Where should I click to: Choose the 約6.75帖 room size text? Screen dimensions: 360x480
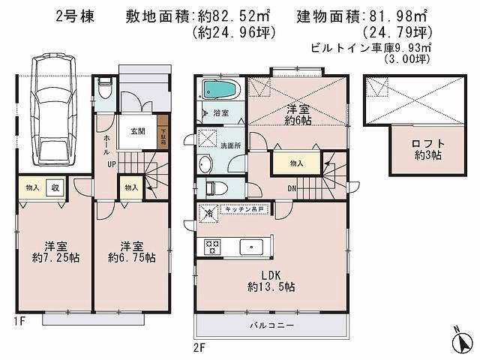[x=131, y=257]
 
